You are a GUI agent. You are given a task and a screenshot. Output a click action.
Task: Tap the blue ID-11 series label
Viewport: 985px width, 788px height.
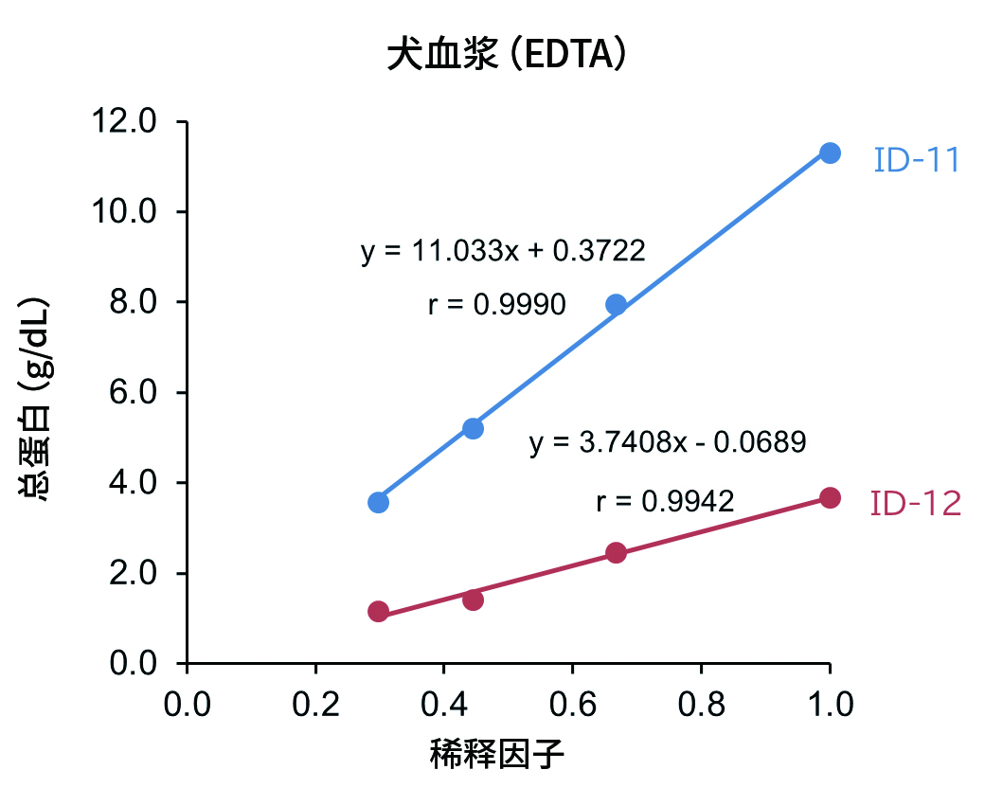[x=916, y=160]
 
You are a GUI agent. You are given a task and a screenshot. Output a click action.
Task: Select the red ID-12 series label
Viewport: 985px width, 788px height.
[x=915, y=504]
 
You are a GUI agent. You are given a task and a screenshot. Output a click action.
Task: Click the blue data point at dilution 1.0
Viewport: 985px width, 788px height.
[x=830, y=153]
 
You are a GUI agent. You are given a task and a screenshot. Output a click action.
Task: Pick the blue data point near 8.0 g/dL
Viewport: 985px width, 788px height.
[x=616, y=304]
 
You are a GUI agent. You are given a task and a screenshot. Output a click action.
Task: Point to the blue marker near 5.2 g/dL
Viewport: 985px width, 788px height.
[x=474, y=428]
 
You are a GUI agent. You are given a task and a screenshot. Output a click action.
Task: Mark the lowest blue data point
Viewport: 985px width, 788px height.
[x=378, y=502]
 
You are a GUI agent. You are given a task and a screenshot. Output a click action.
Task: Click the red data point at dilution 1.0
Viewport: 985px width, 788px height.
[x=830, y=498]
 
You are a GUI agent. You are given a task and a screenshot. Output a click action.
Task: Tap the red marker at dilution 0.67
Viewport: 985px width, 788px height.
[x=616, y=553]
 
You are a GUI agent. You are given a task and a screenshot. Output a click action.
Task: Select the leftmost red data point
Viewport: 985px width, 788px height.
[x=378, y=612]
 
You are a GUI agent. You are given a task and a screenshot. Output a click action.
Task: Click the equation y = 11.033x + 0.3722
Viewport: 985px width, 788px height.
[x=503, y=251]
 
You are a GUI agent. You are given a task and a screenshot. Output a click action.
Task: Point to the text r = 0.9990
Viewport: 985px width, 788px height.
[x=496, y=304]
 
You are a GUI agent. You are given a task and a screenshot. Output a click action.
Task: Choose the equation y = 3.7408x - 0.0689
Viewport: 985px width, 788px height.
[x=667, y=442]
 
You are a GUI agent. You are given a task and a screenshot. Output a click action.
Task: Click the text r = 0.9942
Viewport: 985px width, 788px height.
[x=665, y=501]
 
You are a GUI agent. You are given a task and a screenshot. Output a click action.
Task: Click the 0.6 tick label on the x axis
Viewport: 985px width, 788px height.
[x=572, y=705]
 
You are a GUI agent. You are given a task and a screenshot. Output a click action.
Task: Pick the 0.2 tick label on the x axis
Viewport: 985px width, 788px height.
[x=315, y=705]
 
